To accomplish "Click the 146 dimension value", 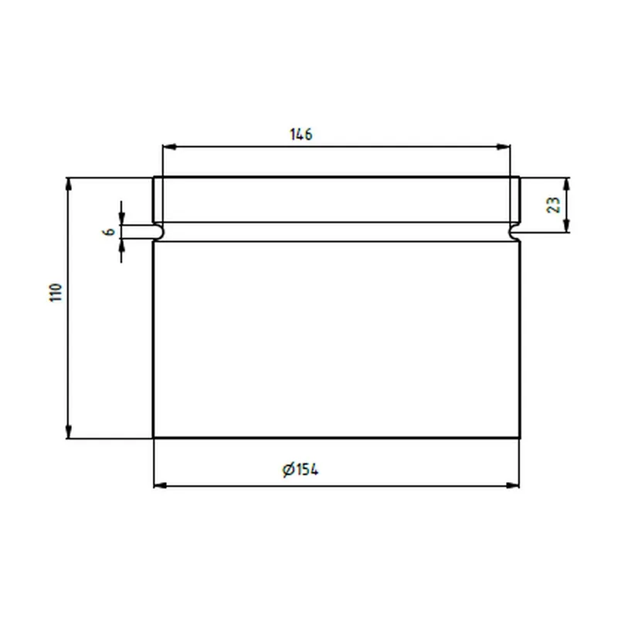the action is [301, 134].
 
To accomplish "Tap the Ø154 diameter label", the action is [301, 470].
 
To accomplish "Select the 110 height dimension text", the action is [56, 293].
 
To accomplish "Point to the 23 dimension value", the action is [554, 205].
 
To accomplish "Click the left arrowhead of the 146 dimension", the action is [169, 147].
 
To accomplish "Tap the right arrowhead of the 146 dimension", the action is [504, 147].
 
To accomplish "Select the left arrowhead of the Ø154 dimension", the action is [161, 485].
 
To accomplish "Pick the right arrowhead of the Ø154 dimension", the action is [512, 485].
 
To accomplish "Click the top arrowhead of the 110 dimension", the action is [69, 185].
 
